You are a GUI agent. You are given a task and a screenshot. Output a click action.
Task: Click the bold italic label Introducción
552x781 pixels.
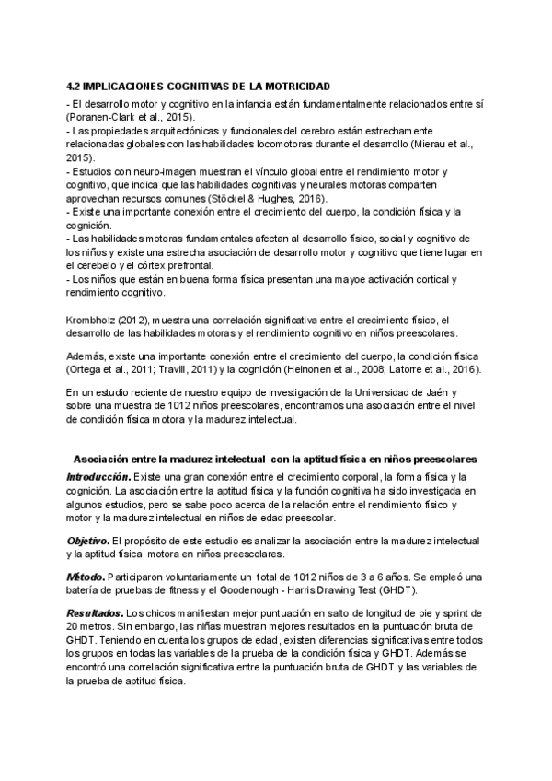coord(98,476)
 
